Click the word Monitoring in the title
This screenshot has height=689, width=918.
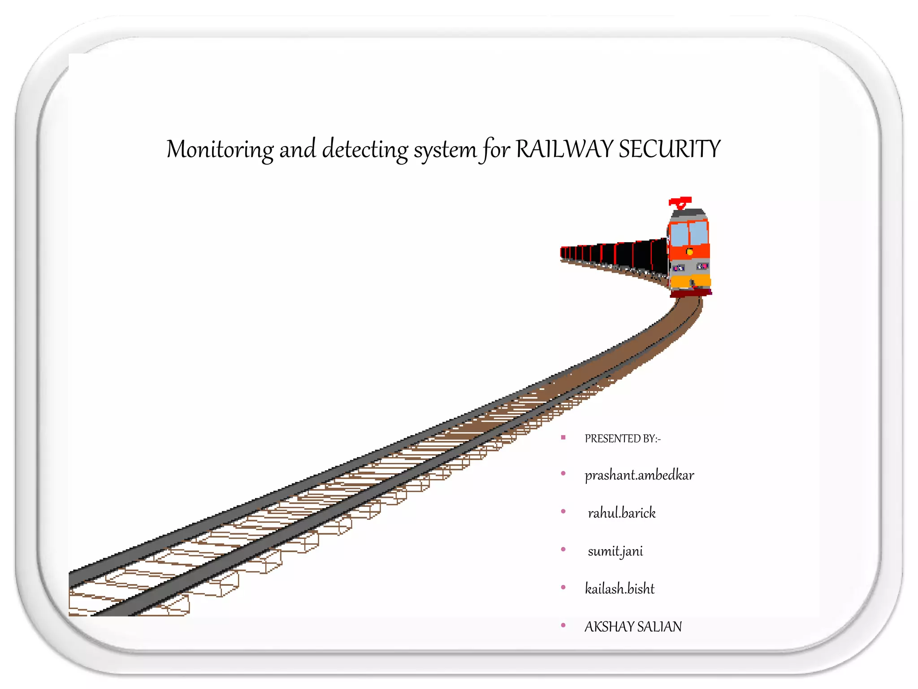[x=220, y=149]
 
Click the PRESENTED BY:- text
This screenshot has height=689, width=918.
[x=622, y=438]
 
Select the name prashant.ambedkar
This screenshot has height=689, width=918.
[x=639, y=475]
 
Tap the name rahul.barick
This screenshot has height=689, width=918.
[x=622, y=513]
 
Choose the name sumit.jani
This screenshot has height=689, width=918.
[x=615, y=551]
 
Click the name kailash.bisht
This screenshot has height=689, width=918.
[x=619, y=589]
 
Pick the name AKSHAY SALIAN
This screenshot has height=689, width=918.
[x=633, y=626]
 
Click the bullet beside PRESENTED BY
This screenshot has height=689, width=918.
[x=563, y=437]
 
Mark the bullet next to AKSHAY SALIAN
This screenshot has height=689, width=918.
[x=563, y=625]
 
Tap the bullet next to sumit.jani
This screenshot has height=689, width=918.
[x=563, y=549]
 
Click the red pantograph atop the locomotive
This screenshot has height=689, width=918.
[x=680, y=202]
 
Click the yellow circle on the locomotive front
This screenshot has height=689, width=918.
[x=690, y=252]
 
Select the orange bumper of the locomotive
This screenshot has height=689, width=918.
[x=690, y=281]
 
